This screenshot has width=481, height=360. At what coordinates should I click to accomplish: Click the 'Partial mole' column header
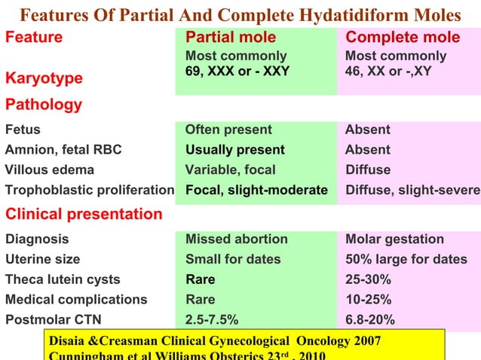(231, 38)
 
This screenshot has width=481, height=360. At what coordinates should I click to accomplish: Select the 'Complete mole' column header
(402, 38)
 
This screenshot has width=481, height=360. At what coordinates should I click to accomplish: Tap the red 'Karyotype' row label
(44, 78)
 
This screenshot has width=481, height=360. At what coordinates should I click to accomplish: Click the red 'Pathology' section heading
(44, 105)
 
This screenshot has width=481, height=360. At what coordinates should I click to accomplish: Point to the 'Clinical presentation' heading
(84, 214)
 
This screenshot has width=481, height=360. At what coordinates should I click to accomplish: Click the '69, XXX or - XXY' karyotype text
(237, 72)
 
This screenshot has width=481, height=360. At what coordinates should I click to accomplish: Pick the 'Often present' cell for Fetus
(228, 130)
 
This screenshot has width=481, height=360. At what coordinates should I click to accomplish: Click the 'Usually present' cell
(235, 150)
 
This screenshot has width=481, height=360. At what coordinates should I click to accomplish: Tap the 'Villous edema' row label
(50, 169)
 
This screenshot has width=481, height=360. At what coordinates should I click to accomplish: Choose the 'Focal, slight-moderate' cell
(256, 190)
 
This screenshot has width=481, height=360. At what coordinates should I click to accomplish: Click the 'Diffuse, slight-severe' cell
(412, 190)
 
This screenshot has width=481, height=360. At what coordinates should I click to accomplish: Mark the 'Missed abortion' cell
(237, 239)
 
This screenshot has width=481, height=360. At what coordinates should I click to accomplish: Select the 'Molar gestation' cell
(394, 239)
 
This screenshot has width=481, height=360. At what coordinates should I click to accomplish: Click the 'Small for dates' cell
(233, 260)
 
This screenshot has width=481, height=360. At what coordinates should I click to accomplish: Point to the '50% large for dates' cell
(406, 260)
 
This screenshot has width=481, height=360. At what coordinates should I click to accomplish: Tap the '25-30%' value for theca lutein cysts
(368, 279)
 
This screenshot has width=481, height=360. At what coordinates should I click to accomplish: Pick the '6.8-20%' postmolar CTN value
(369, 319)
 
